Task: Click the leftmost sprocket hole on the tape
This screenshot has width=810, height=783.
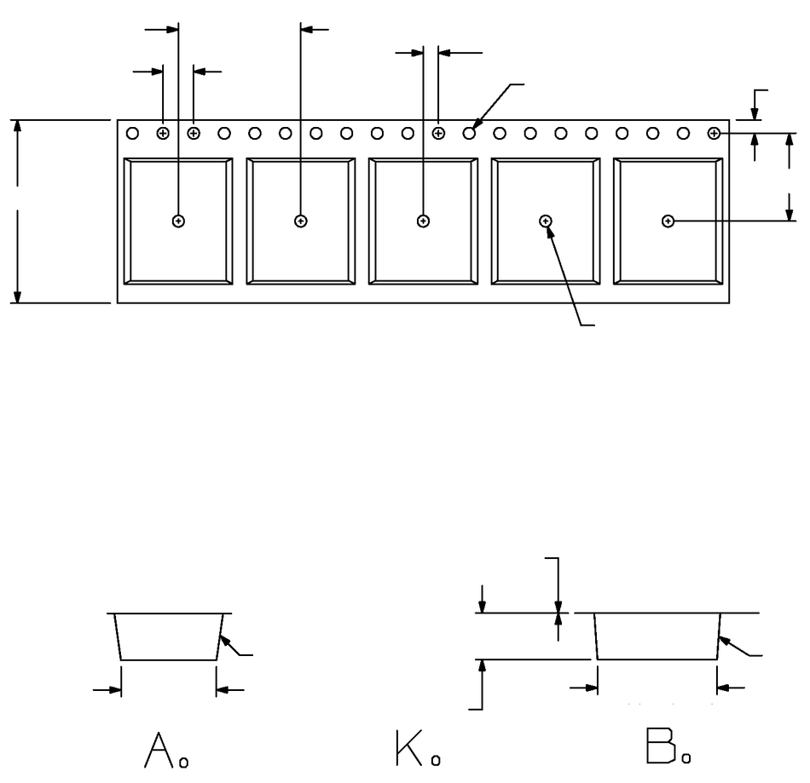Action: [132, 133]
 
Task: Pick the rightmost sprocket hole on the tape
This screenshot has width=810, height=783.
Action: [714, 133]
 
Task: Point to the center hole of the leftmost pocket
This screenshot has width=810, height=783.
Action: [178, 222]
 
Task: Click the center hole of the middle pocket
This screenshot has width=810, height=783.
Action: [423, 222]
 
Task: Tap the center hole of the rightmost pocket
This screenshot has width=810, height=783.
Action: [668, 222]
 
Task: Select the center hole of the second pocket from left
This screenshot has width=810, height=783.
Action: [300, 222]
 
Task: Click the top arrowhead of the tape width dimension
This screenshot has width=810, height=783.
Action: [18, 127]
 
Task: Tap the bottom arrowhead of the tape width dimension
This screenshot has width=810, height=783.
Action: [18, 296]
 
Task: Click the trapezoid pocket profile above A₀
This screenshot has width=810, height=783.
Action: [169, 636]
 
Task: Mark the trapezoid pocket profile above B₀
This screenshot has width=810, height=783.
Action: [657, 636]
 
